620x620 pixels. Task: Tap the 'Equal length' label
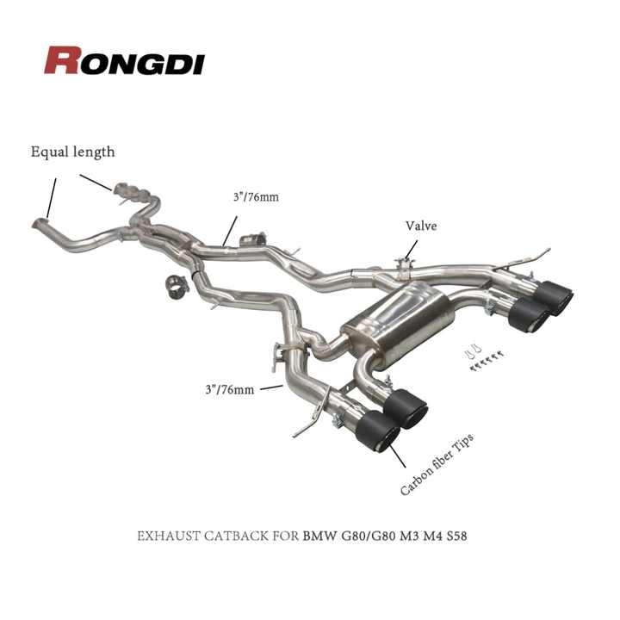click(72, 152)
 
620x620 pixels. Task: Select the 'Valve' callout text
click(421, 226)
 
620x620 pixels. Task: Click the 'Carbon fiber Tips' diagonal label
click(437, 464)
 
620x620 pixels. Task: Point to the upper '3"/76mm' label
click(256, 196)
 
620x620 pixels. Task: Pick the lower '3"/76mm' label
click(229, 389)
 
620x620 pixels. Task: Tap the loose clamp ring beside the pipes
click(177, 287)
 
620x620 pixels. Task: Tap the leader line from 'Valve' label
click(411, 250)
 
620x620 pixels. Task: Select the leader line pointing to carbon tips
click(397, 454)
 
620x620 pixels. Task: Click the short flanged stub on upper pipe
click(253, 239)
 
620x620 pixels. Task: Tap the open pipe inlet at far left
click(40, 223)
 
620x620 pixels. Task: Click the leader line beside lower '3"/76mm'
click(271, 387)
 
